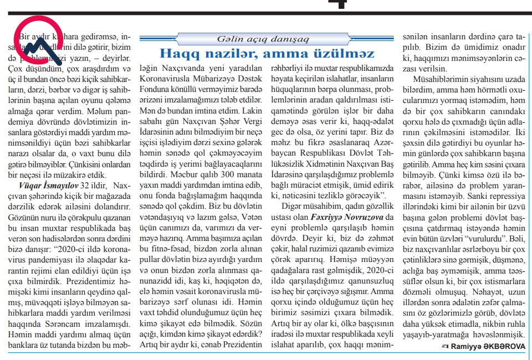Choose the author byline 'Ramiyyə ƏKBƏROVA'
tap(488, 346)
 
